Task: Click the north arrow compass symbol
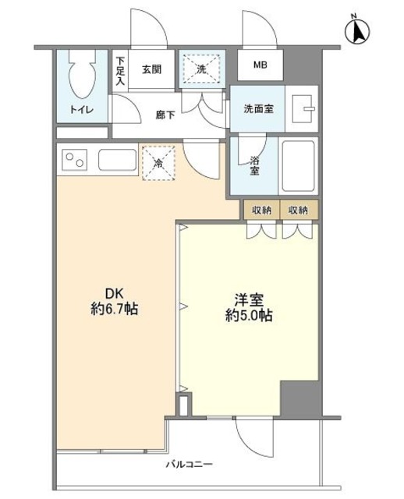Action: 360,30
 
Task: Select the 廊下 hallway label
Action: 165,115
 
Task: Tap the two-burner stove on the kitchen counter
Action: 76,162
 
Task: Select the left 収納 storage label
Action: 261,210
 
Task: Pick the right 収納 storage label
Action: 298,210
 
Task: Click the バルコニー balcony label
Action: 189,465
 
